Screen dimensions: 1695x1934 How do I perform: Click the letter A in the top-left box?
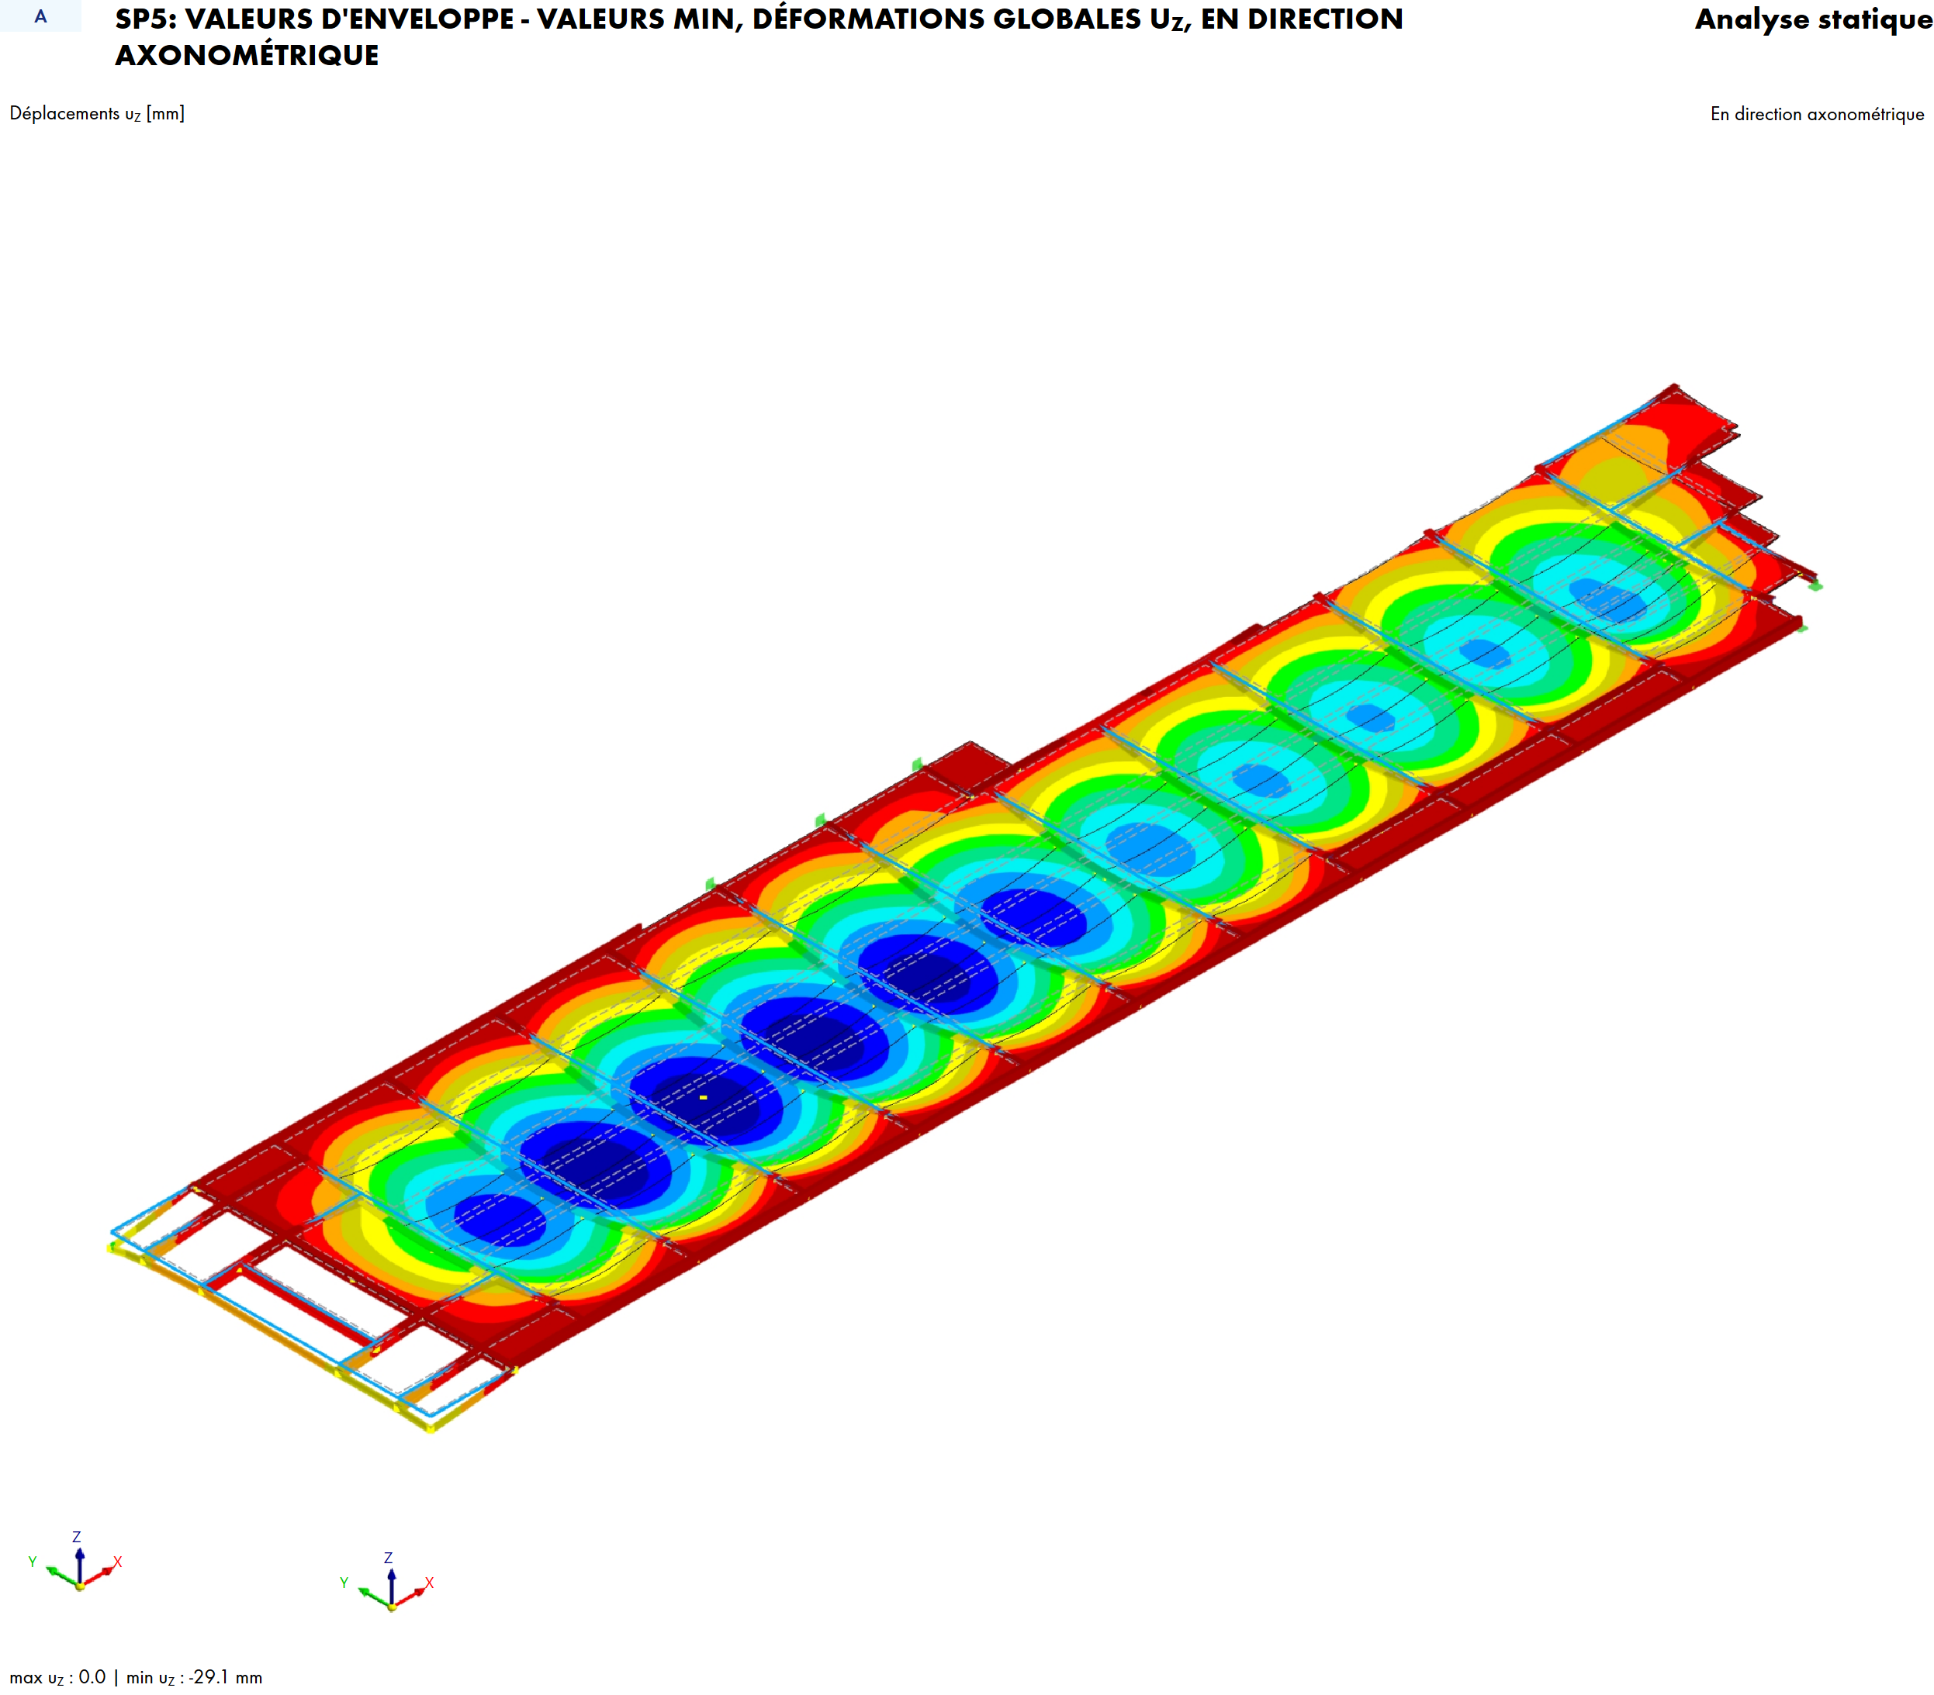40,16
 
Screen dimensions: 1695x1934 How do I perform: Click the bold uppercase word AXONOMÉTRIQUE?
247,56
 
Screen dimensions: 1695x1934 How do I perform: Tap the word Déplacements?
64,113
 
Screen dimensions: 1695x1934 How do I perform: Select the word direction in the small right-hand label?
1767,115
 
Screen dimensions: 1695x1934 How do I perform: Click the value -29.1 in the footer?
208,1677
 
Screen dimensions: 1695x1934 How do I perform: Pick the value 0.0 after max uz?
92,1677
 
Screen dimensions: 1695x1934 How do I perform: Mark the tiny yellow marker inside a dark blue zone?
704,1097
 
